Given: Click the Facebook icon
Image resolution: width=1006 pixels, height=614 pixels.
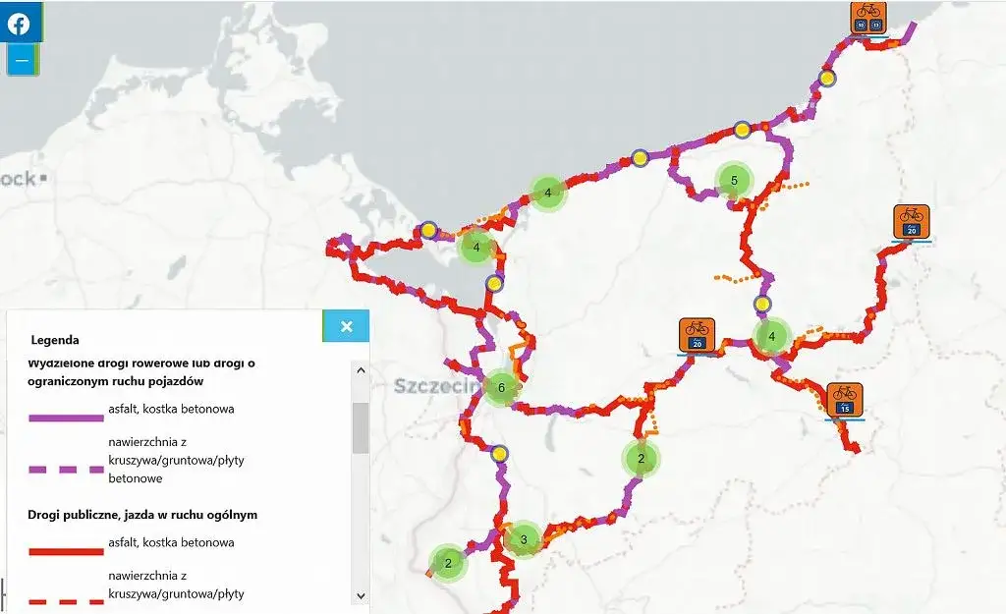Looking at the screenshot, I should pyautogui.click(x=20, y=24).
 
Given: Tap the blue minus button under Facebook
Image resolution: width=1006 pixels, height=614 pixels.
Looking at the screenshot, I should pyautogui.click(x=22, y=60).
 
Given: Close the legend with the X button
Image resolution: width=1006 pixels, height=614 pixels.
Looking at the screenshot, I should pyautogui.click(x=346, y=326).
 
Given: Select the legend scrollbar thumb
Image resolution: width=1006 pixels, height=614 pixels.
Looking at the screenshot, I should pyautogui.click(x=361, y=426).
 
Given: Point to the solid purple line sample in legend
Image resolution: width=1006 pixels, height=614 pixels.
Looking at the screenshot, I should pyautogui.click(x=67, y=418).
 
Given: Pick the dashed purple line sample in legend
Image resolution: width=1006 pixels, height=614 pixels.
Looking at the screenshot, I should pyautogui.click(x=67, y=470).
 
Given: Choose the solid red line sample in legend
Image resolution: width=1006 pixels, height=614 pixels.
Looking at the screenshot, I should pyautogui.click(x=67, y=551).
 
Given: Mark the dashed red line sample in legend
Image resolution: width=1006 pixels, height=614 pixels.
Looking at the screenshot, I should pyautogui.click(x=67, y=601).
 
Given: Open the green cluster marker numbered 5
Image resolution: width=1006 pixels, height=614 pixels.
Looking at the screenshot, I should pyautogui.click(x=733, y=180).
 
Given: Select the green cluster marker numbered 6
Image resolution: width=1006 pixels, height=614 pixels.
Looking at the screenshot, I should pyautogui.click(x=501, y=387).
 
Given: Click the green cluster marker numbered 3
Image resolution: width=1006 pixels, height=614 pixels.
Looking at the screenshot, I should pyautogui.click(x=524, y=538).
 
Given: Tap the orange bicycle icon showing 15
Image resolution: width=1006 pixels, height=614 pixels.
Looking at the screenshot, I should pyautogui.click(x=844, y=399).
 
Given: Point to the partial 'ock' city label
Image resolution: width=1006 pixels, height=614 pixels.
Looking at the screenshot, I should pyautogui.click(x=20, y=179).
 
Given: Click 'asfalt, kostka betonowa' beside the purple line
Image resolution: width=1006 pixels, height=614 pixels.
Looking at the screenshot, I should pyautogui.click(x=171, y=409).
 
